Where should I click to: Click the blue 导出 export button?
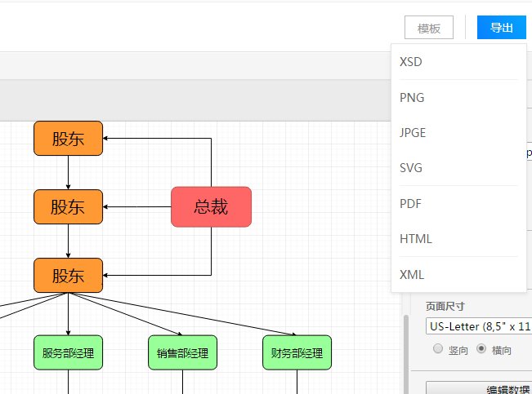501,28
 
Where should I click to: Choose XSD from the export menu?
411,62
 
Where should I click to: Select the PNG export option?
412,98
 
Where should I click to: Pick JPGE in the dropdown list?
413,133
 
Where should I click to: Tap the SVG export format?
411,168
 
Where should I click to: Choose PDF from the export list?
411,204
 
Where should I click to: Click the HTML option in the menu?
416,239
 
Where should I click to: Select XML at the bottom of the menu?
412,275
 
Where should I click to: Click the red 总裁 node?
211,206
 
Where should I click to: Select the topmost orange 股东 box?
68,138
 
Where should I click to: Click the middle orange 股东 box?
68,206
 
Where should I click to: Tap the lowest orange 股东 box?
68,275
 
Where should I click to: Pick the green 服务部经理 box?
68,353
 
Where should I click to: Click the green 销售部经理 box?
182,353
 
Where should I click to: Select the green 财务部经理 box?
297,353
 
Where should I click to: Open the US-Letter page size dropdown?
478,326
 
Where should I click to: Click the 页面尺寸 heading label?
445,307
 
